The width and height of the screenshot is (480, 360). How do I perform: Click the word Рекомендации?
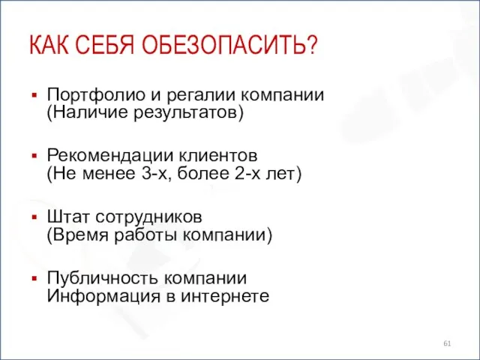coord(105,157)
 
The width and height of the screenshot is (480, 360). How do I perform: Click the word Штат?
coord(66,218)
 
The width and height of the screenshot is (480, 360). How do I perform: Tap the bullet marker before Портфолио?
coord(34,96)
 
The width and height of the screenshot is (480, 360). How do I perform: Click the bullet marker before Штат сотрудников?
coord(34,218)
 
